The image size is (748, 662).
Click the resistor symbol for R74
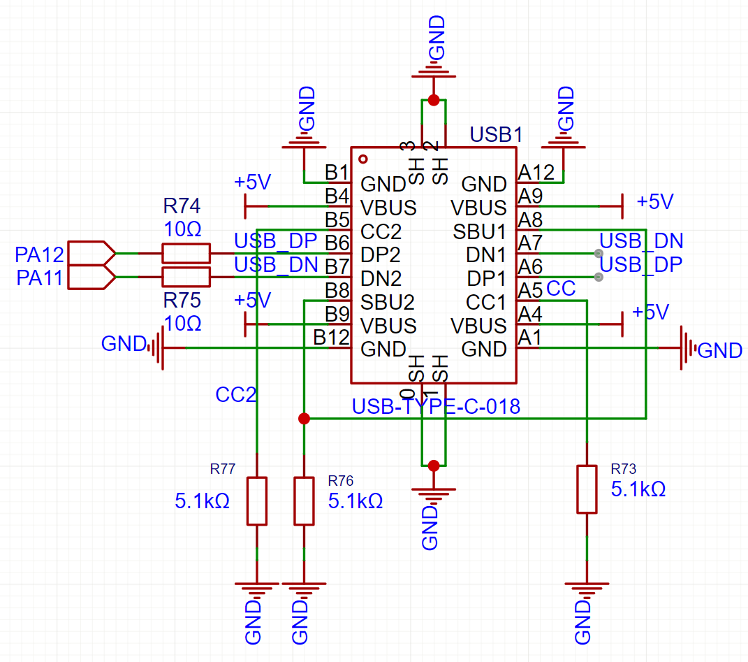point(186,253)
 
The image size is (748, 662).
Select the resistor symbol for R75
point(186,275)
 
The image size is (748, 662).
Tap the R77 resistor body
point(257,501)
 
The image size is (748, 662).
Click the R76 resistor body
point(304,501)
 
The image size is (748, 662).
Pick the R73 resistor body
point(587,489)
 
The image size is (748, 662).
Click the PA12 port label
point(41,253)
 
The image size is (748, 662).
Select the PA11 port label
point(41,278)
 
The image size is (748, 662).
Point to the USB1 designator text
point(495,134)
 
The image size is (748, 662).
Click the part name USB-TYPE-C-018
point(436,406)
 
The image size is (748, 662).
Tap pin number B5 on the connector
point(337,219)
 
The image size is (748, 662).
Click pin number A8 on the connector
point(530,220)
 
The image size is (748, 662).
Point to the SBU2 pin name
point(388,302)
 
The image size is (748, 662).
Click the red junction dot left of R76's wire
point(304,419)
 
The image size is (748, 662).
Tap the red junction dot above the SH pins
point(434,101)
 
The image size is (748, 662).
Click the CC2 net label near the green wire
point(236,395)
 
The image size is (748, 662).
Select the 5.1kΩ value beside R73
point(638,489)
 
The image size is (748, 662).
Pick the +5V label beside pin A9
point(654,202)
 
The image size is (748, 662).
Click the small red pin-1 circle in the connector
point(363,159)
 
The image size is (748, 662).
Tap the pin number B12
point(331,337)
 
